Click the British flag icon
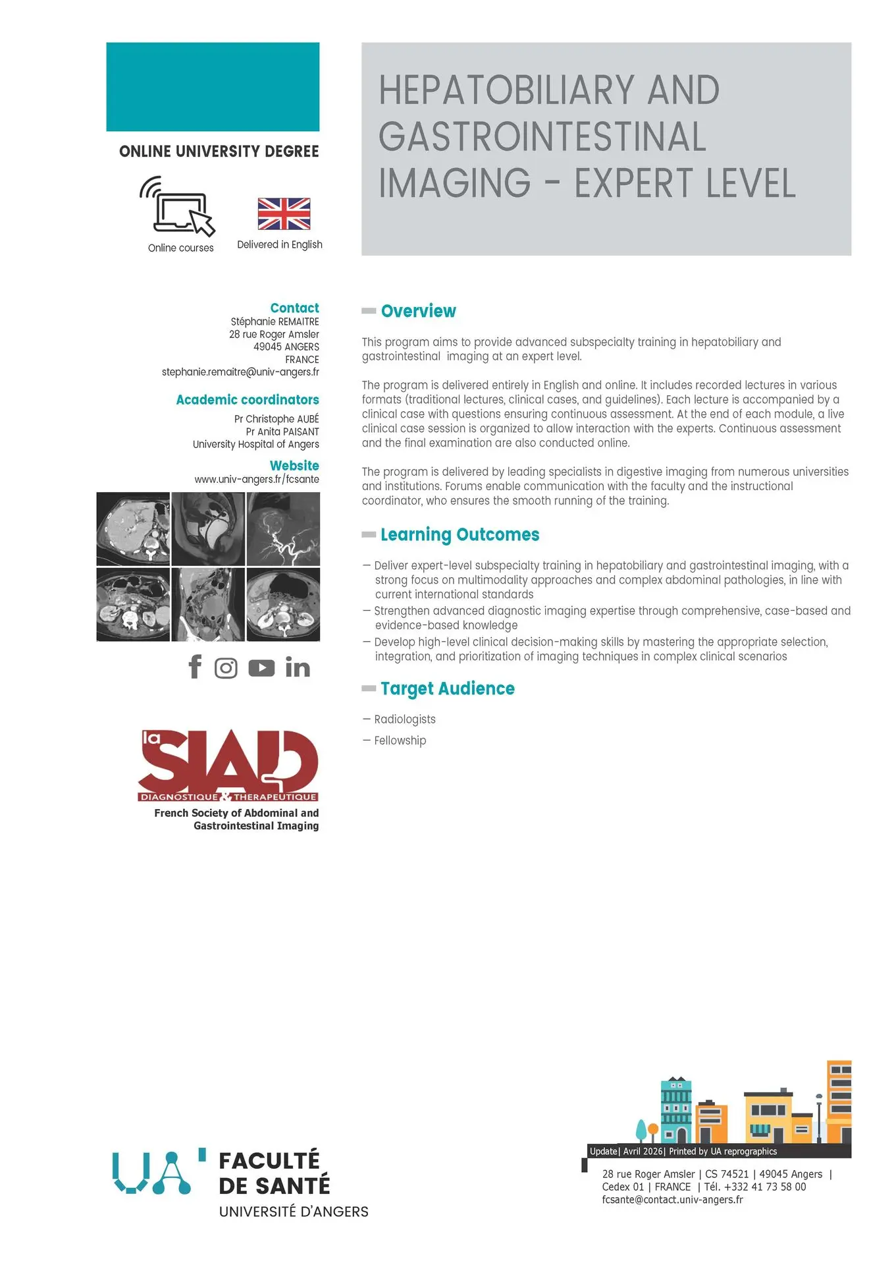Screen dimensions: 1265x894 pos(284,213)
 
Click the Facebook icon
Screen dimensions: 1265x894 pos(195,667)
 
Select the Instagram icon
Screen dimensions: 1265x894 pos(226,668)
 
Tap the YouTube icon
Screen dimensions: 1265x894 pos(261,668)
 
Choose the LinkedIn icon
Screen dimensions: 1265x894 pos(298,668)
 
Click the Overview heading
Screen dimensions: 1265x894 pos(418,311)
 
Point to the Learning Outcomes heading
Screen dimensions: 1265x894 pos(460,534)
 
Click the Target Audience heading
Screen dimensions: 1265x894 pos(447,689)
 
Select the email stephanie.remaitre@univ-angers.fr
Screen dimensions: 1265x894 pos(240,372)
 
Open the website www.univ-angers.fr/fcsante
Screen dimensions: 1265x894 pos(257,480)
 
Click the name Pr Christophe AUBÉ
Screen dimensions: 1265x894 pos(276,419)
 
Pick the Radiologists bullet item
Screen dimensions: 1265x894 pos(404,719)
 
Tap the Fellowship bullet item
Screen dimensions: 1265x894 pos(400,741)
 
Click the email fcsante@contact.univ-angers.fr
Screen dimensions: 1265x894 pos(672,1200)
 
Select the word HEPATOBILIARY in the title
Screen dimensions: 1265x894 pos(506,90)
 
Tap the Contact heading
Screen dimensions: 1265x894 pos(294,308)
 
